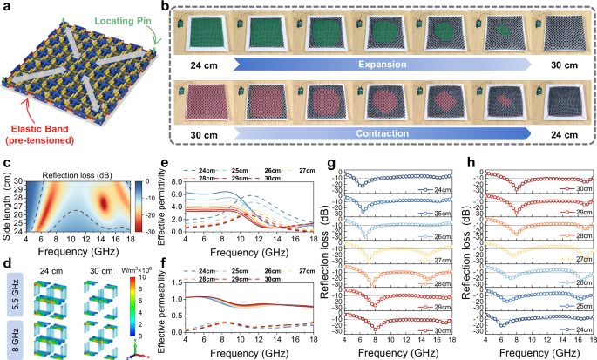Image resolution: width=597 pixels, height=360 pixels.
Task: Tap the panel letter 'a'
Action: click(6, 7)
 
